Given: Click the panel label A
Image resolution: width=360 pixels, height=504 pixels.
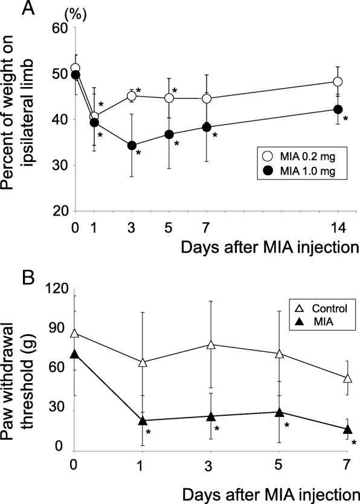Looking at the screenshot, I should click(10, 8).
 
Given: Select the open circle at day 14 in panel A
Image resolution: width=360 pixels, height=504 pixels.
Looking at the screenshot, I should click(338, 82).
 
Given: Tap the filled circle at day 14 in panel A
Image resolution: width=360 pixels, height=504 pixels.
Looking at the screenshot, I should click(338, 109).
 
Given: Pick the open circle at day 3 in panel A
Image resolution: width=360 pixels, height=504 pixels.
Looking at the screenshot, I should click(132, 95).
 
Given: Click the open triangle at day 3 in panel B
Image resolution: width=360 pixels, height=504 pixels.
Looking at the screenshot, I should click(211, 344).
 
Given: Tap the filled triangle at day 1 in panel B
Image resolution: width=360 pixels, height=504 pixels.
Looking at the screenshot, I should click(143, 421).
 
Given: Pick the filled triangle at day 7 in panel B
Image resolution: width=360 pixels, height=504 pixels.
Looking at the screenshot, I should click(347, 429).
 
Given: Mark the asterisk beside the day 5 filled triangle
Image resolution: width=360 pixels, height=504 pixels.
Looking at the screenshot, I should click(288, 425).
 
